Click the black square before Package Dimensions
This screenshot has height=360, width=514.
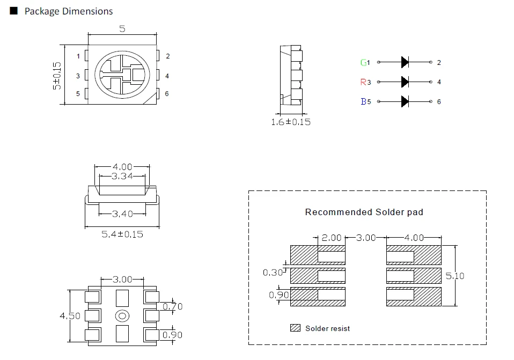(14, 11)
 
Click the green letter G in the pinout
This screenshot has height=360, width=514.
(363, 62)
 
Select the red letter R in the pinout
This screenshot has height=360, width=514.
(363, 82)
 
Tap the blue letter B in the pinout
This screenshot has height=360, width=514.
(363, 101)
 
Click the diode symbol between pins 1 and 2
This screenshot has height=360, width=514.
(405, 62)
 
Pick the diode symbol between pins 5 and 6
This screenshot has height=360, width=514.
(405, 101)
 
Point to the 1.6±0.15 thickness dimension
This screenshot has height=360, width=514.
(291, 122)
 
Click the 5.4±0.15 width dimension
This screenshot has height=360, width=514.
(122, 234)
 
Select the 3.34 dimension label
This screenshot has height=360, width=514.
(122, 176)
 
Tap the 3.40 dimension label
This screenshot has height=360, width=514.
(122, 214)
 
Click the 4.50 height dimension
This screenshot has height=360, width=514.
(70, 315)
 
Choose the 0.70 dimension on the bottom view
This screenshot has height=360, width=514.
(172, 306)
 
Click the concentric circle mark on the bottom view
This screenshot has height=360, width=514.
(122, 316)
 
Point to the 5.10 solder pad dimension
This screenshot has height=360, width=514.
(455, 276)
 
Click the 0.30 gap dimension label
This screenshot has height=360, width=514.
(273, 273)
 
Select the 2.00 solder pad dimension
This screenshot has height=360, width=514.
(332, 237)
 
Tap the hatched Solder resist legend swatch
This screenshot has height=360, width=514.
(295, 328)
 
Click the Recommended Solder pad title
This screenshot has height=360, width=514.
(364, 212)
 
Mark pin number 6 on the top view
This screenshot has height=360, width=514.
(167, 94)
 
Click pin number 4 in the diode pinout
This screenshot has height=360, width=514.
(439, 82)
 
